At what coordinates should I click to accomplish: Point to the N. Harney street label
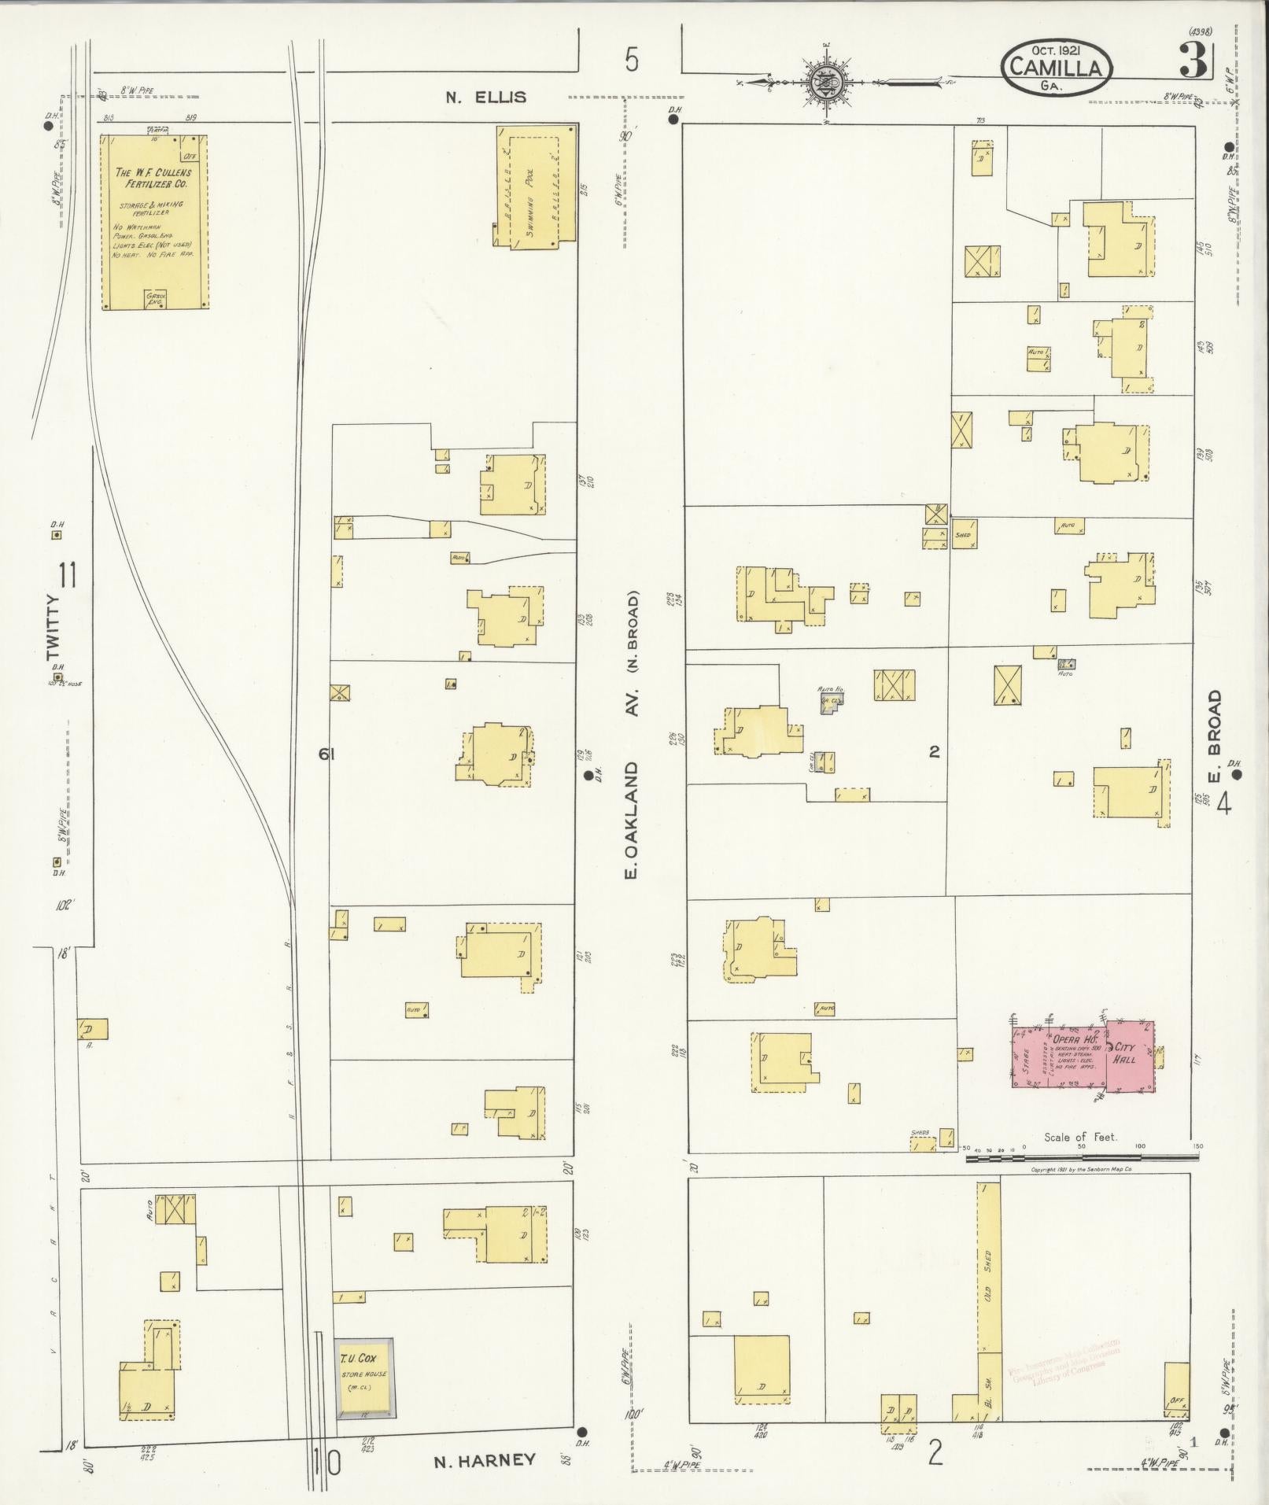point(485,1460)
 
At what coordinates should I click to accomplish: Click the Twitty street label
point(53,627)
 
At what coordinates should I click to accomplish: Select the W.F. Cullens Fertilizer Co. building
point(155,221)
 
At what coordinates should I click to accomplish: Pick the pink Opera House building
point(1058,1053)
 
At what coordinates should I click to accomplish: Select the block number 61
point(326,754)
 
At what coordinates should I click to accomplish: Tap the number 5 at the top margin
point(632,61)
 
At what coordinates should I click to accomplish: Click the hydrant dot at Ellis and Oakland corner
point(673,120)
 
